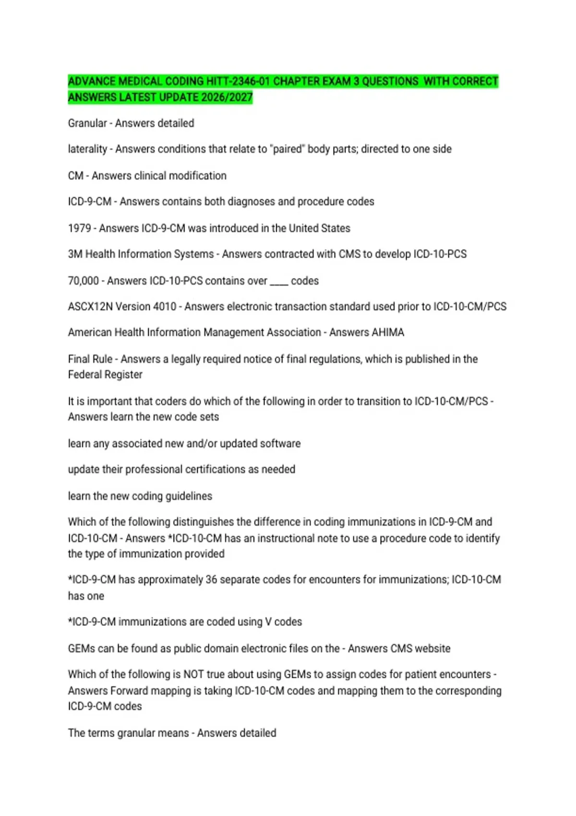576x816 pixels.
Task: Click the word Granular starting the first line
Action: pos(87,123)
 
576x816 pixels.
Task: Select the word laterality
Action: pos(87,149)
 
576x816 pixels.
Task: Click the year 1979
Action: pos(79,228)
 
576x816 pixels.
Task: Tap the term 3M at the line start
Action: pos(75,254)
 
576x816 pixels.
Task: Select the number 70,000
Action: pos(83,281)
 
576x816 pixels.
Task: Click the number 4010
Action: pos(164,306)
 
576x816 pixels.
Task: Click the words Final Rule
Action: pos(90,359)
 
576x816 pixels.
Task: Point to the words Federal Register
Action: pos(105,374)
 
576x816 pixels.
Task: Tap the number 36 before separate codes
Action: pos(211,580)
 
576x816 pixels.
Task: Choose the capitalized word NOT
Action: pos(193,674)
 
